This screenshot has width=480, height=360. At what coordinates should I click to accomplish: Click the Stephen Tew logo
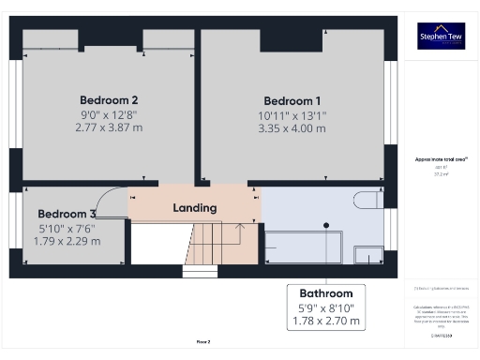click(x=439, y=36)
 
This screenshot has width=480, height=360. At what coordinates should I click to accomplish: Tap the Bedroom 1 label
click(x=292, y=101)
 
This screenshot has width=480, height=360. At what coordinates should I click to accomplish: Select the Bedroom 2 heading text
click(x=109, y=100)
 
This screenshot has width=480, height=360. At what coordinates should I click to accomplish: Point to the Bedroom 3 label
click(x=67, y=213)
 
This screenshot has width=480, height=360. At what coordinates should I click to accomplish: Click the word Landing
click(x=195, y=207)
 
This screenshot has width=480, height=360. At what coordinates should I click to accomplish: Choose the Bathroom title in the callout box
click(x=327, y=292)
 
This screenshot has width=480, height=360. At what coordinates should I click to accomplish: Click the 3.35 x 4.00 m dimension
click(x=292, y=128)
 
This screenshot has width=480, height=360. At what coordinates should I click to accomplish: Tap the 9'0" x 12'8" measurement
click(x=109, y=113)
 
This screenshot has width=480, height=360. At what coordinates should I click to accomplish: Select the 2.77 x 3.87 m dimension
click(x=109, y=127)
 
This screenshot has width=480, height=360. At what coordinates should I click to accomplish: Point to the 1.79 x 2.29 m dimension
click(x=67, y=240)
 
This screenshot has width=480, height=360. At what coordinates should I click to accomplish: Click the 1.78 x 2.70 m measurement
click(x=327, y=321)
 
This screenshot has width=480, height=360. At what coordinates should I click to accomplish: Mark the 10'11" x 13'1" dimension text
click(x=292, y=115)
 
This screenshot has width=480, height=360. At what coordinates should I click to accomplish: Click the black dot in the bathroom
click(x=326, y=225)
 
